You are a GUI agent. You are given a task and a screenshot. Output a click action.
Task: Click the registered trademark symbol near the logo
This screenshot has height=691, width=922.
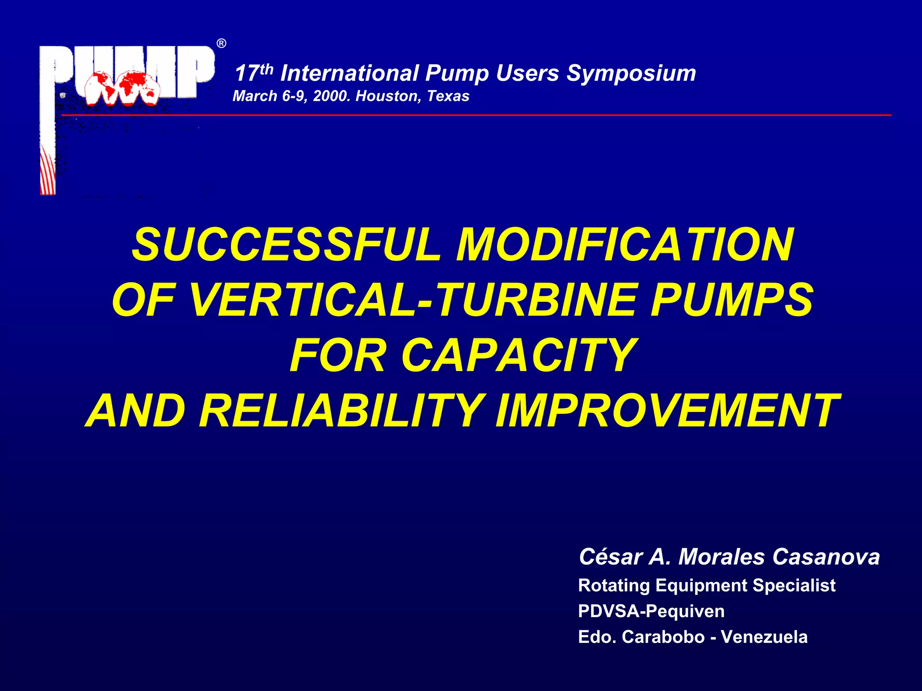[221, 44]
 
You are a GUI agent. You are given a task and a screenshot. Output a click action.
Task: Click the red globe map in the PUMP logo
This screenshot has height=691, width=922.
[122, 88]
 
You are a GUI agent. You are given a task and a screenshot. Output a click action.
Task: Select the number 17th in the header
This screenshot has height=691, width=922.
[253, 73]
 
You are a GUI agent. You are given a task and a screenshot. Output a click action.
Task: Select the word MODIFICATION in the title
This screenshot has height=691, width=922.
[625, 245]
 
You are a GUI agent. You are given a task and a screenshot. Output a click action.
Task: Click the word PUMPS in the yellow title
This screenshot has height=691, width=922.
[732, 300]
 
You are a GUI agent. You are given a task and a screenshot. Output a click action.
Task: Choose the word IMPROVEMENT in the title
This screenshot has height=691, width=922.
[667, 411]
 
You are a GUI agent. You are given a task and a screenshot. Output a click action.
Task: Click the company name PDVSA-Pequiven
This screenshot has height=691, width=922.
[651, 611]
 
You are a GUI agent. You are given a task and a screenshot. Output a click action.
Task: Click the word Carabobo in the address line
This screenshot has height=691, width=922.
[663, 637]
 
